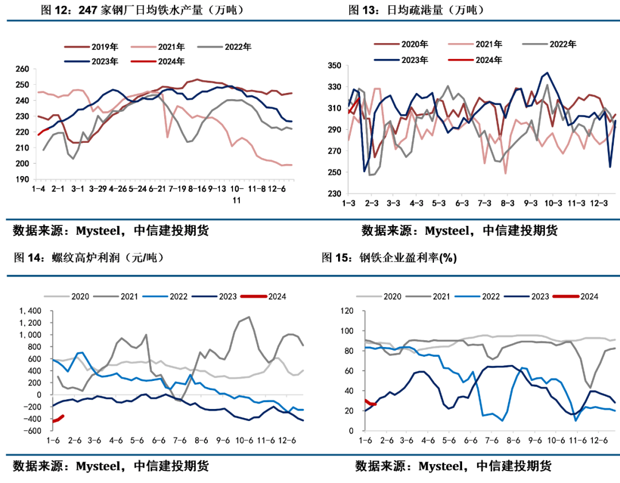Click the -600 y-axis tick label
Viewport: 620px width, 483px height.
coord(33,431)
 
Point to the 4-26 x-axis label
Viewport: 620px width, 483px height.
coord(118,189)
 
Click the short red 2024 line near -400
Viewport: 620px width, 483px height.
coord(58,419)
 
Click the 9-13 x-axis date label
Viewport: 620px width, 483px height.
coord(216,189)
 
